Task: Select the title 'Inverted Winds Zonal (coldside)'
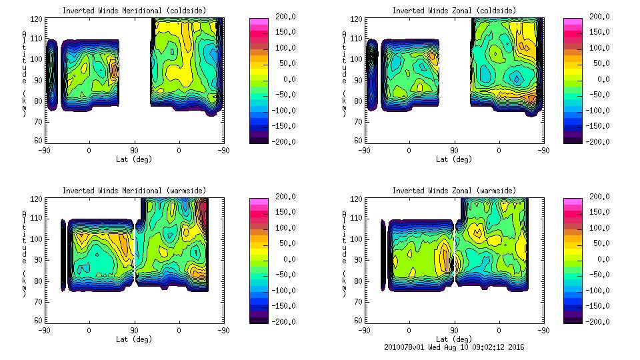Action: click(453, 10)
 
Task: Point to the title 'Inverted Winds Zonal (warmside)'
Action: click(454, 190)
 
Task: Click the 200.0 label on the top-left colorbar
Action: click(282, 17)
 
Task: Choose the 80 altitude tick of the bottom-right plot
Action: click(353, 280)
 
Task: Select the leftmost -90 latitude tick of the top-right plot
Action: click(364, 150)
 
